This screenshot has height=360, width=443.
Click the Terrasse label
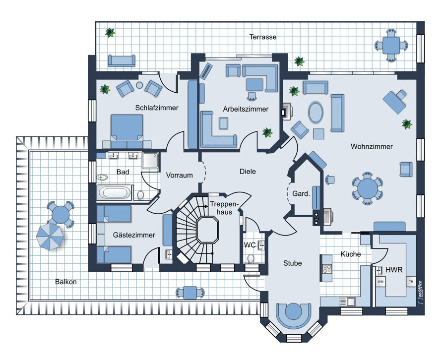pyautogui.click(x=263, y=37)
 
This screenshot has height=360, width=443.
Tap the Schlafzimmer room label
pyautogui.click(x=157, y=108)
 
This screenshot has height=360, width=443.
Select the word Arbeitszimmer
pyautogui.click(x=246, y=109)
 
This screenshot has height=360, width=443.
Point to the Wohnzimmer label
pyautogui.click(x=372, y=147)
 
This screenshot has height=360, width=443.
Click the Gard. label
pyautogui.click(x=301, y=194)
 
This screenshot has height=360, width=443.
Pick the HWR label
pyautogui.click(x=394, y=270)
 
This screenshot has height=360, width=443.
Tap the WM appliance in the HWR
pyautogui.click(x=380, y=282)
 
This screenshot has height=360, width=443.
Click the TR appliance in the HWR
pyautogui.click(x=411, y=282)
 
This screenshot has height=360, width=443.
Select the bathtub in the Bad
pyautogui.click(x=115, y=192)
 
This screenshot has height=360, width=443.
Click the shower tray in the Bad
pyautogui.click(x=150, y=161)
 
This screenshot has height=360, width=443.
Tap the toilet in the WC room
pyautogui.click(x=251, y=258)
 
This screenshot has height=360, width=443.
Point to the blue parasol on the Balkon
pyautogui.click(x=50, y=237)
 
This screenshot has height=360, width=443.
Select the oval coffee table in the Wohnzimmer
pyautogui.click(x=316, y=112)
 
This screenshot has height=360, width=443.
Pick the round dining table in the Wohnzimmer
pyautogui.click(x=367, y=188)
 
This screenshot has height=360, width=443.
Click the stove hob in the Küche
pyautogui.click(x=327, y=268)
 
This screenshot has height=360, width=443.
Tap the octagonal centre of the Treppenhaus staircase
pyautogui.click(x=207, y=230)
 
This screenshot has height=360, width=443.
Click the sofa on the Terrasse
pyautogui.click(x=122, y=60)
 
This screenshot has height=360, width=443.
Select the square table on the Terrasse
pyautogui.click(x=391, y=45)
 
